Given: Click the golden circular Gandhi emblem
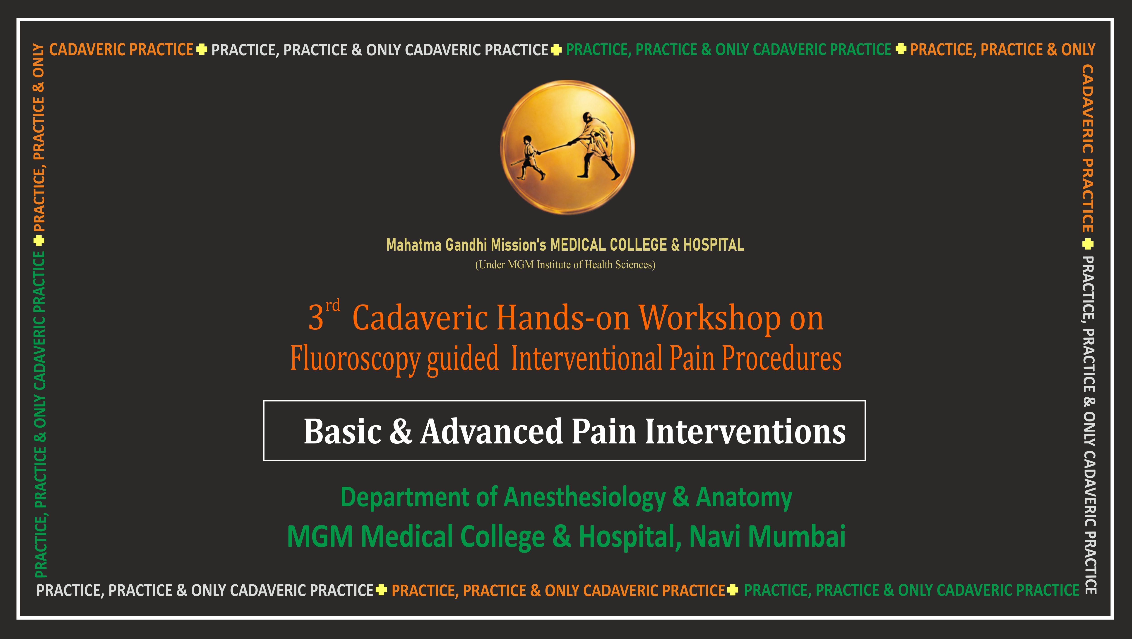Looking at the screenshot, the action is click(x=567, y=147).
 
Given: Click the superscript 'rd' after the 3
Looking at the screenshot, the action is click(x=333, y=305).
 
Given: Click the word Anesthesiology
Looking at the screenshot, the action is click(x=584, y=498).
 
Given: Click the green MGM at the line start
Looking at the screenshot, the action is click(x=320, y=537).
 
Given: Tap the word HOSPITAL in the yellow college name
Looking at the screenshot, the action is click(x=714, y=244).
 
